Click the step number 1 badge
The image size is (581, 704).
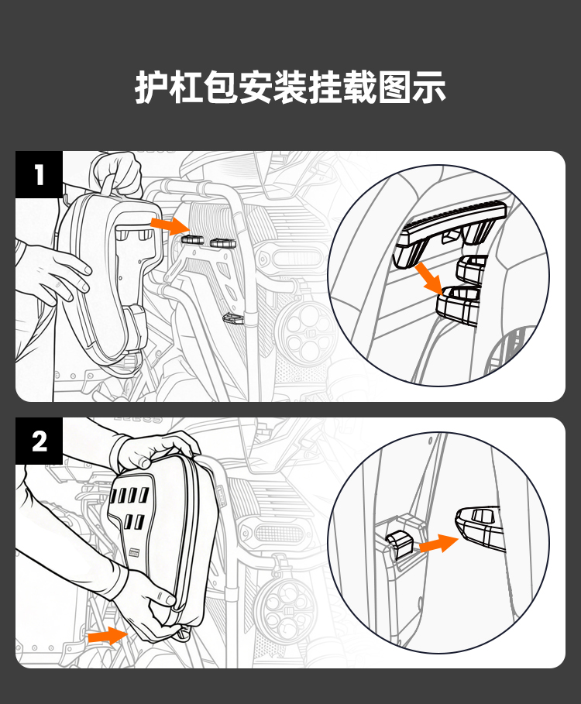tap(39, 174)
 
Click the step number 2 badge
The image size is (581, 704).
tap(39, 441)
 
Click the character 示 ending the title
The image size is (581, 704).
tap(430, 87)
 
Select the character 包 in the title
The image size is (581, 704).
tap(222, 87)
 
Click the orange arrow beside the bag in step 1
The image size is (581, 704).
tap(170, 225)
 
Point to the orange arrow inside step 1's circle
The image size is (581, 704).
tap(428, 278)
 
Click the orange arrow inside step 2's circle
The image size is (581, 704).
tap(438, 543)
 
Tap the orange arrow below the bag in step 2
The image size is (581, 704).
tap(108, 636)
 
